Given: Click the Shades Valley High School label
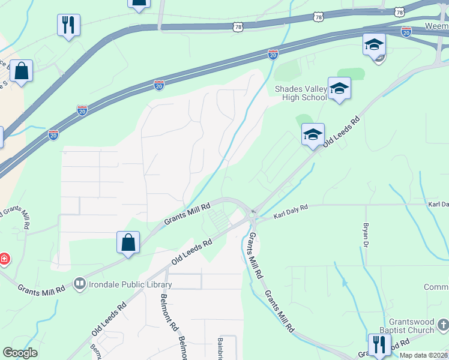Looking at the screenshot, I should pos(301,94).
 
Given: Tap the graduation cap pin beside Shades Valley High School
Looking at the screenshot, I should pos(339,89).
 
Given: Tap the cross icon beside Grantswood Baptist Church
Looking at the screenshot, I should pos(443,326).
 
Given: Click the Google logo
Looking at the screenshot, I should pos(20,352).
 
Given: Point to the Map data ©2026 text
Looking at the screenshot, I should pos(423,355).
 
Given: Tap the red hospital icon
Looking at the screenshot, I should pos(4,259).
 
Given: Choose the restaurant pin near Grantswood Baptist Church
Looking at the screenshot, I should pos(379,344).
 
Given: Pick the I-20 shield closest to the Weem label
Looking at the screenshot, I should pos(406,32).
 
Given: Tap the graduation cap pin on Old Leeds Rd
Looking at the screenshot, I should pos(313,135).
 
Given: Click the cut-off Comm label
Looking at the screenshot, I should pos(436,287).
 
